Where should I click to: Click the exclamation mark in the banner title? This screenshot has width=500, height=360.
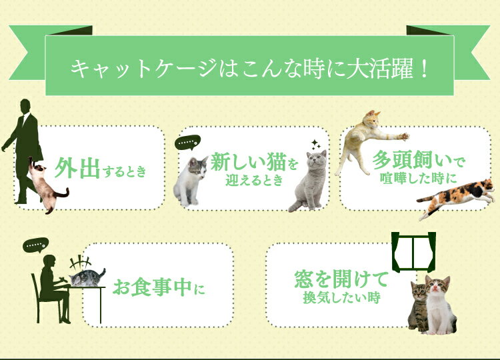(x=423, y=69)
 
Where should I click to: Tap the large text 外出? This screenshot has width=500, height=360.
(x=77, y=168)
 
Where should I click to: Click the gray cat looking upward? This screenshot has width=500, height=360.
(x=309, y=180)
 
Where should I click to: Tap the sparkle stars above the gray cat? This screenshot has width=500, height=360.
(x=316, y=145)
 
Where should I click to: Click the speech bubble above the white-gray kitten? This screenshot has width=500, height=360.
(x=188, y=142)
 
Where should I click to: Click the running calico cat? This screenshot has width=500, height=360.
(x=456, y=199)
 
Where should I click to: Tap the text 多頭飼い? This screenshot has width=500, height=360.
(x=412, y=160)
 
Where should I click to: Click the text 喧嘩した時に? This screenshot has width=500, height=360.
(x=419, y=179)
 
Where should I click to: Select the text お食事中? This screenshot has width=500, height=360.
(x=153, y=287)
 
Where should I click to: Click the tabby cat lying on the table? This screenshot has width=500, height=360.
(x=87, y=278)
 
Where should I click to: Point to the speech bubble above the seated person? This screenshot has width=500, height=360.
(x=35, y=245)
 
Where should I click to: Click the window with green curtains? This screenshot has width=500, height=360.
(x=413, y=252)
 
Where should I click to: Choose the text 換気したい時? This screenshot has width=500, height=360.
(x=341, y=298)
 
